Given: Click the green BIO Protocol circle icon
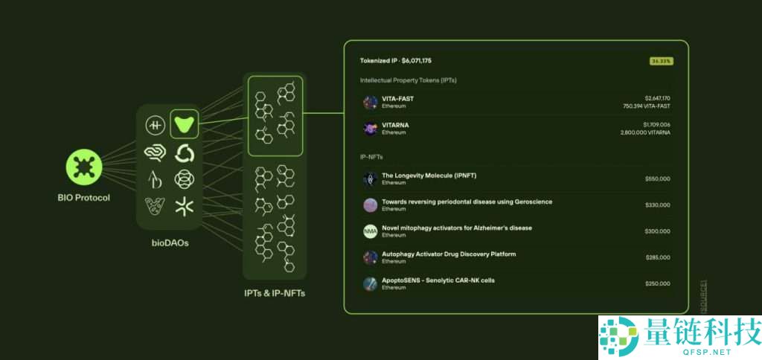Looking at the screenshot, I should (83, 168).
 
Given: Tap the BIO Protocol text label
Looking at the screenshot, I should (83, 198).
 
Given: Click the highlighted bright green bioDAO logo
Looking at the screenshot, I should (184, 123).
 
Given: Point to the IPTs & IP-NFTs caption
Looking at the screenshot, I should (275, 293).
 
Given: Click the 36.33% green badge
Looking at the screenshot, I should (661, 60).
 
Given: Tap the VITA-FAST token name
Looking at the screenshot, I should (397, 98).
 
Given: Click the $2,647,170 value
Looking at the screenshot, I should (657, 98).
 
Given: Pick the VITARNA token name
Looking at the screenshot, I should (395, 124).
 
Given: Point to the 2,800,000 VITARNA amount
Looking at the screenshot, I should (644, 132).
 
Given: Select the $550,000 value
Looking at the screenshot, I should (657, 179).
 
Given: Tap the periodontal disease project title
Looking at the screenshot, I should (467, 202).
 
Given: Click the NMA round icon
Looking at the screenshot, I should (370, 231).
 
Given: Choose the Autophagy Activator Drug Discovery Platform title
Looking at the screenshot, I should (449, 254).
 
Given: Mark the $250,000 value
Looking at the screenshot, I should (657, 283).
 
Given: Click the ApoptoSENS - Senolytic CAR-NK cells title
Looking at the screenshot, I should (438, 280).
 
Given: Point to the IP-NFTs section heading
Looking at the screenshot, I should (377, 156).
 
